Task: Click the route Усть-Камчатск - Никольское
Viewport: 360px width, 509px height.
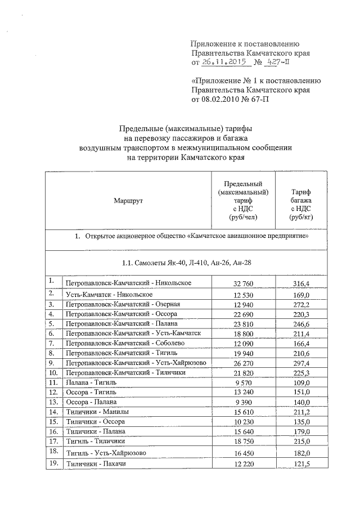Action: coord(109,294)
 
